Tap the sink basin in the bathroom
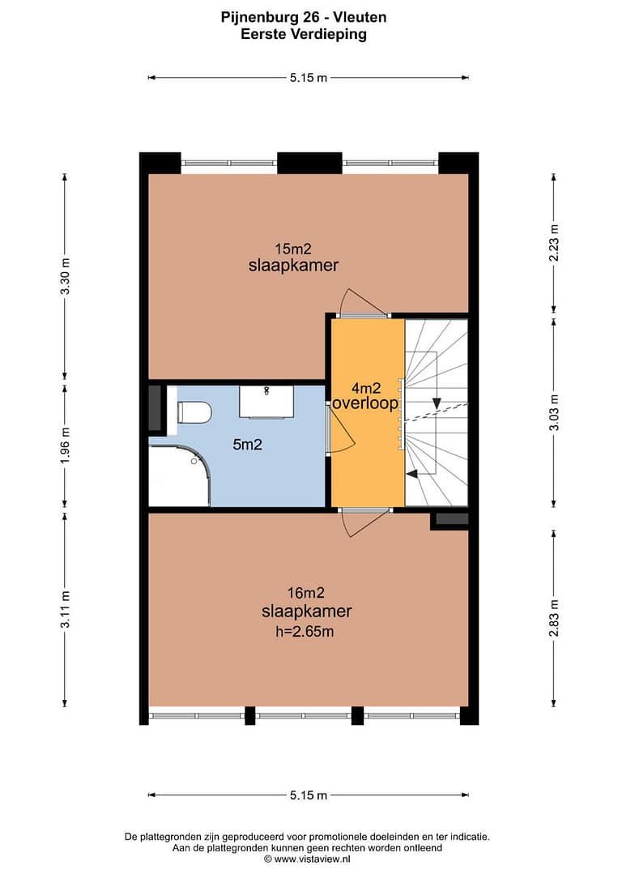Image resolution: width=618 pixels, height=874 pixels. [267, 401]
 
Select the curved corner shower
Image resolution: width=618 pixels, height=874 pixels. [180, 475]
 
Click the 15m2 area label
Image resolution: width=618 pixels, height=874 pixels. [293, 249]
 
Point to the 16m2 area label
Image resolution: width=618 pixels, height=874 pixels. [306, 593]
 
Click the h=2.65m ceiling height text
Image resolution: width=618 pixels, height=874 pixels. [305, 632]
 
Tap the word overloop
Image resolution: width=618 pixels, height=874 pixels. [365, 403]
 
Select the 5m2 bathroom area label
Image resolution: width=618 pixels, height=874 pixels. [247, 445]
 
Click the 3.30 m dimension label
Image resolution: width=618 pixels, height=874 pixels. [66, 277]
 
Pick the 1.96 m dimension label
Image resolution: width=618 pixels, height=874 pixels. [66, 445]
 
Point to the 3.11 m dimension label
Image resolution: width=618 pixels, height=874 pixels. [66, 610]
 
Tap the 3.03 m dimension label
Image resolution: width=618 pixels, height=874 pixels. [554, 412]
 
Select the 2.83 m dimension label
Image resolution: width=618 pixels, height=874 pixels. [554, 617]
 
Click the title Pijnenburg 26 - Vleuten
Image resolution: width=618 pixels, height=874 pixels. [304, 17]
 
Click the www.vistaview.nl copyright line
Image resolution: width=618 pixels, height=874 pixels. [307, 859]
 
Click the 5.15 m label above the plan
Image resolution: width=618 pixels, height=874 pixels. [308, 78]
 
